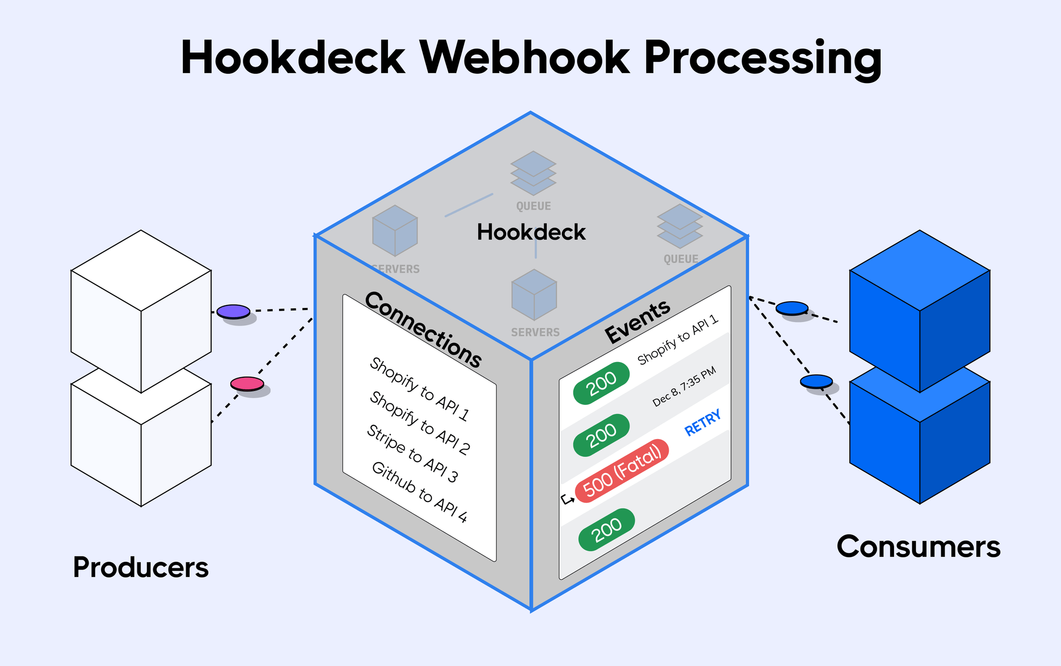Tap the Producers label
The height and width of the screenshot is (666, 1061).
[x=140, y=567]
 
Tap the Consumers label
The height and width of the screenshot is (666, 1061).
[x=918, y=547]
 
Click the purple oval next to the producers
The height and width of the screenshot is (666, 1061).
[x=233, y=311]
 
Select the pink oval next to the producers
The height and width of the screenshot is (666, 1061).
[x=247, y=384]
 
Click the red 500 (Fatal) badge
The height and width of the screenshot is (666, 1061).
[x=622, y=471]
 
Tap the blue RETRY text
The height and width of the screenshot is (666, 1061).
[x=703, y=422]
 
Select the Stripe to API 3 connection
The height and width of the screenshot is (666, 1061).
[x=413, y=453]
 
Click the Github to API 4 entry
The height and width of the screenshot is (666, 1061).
[x=419, y=492]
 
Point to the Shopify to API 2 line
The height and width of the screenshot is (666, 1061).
[x=420, y=422]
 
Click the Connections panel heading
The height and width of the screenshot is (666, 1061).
[x=423, y=330]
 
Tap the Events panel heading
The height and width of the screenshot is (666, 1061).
[x=637, y=322]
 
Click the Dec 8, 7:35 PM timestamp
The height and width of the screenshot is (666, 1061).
[x=684, y=387]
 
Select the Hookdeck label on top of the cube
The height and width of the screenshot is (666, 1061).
[x=531, y=232]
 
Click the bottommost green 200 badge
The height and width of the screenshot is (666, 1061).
[x=607, y=529]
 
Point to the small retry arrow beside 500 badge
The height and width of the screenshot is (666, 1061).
[x=567, y=499]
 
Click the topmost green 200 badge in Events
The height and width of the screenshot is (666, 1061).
[x=602, y=383]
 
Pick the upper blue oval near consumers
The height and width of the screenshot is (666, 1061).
[x=792, y=308]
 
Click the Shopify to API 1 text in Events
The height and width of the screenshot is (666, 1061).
[x=678, y=340]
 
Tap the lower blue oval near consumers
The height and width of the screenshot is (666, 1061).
[x=816, y=381]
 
